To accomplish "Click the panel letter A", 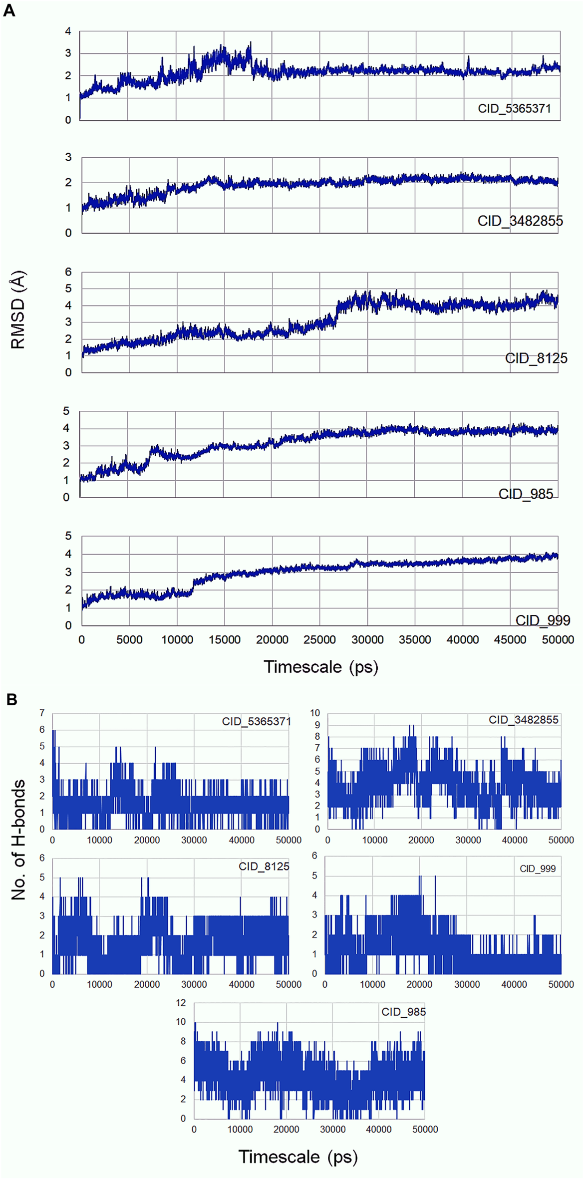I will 9,10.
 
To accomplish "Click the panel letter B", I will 11,699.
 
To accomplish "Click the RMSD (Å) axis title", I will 18,310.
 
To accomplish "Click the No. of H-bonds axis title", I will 18,840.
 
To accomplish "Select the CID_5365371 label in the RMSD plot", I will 514,108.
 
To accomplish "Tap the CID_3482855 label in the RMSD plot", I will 520,221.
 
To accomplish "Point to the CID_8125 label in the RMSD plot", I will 536,358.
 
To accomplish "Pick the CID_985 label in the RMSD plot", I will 526,494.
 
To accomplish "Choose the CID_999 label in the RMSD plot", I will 543,620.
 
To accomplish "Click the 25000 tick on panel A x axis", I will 319,640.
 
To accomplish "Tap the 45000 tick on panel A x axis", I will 510,640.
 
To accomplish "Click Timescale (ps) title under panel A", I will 320,667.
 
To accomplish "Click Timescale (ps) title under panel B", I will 298,1157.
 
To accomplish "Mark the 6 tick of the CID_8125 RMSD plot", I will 68,272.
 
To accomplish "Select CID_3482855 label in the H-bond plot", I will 523,720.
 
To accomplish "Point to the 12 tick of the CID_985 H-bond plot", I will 181,1003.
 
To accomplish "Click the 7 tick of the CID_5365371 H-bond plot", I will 42,713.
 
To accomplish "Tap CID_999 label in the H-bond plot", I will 537,869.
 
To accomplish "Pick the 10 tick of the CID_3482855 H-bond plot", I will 315,713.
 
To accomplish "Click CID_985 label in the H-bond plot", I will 403,1012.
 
